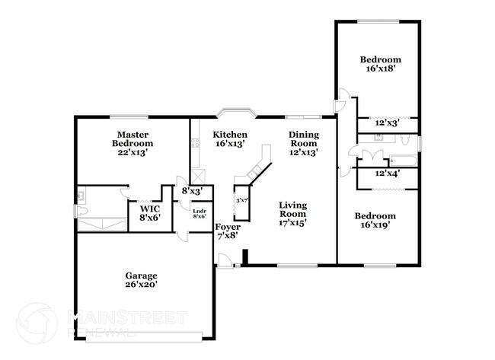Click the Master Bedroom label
tap(133, 143)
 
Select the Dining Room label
tap(302, 144)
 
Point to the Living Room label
tap(292, 213)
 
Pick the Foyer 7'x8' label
tap(228, 231)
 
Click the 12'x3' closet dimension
tap(386, 123)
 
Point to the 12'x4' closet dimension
tap(388, 174)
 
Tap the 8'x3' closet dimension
tap(190, 191)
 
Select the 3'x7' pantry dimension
tap(243, 200)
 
